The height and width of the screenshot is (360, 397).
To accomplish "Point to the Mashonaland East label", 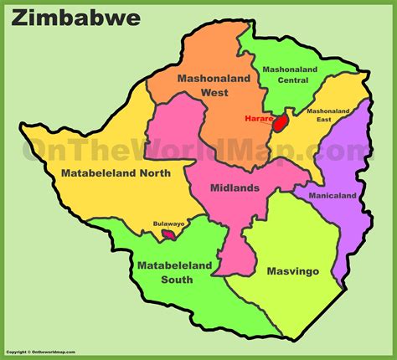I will point(327,116).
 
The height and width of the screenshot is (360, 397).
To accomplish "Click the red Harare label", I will point(259,119).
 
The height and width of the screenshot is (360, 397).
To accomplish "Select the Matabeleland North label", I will point(116,173).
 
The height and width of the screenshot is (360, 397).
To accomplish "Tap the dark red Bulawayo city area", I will point(168,236).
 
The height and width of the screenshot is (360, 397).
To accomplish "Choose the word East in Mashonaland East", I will point(327,121).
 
